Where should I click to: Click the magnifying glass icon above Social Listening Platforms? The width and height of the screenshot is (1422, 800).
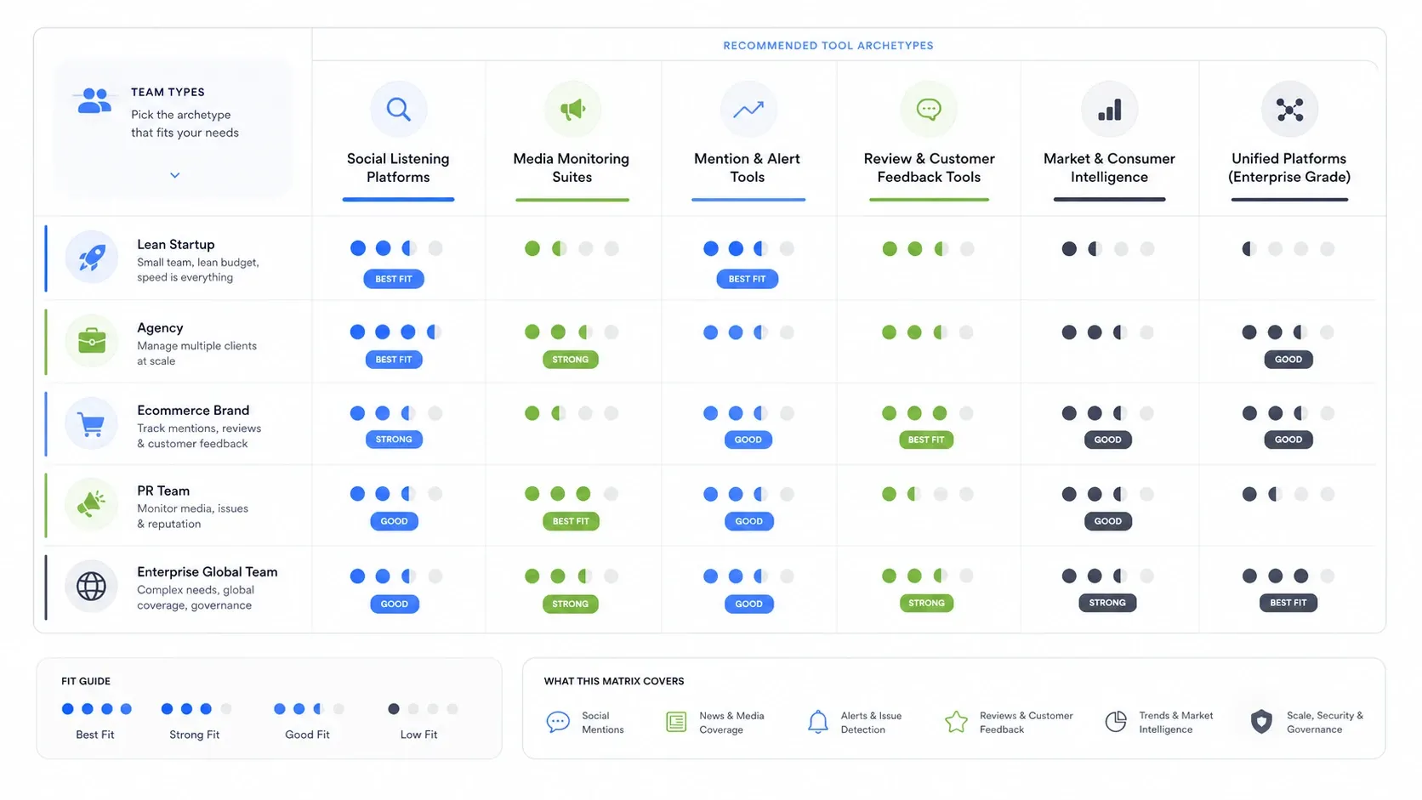(399, 109)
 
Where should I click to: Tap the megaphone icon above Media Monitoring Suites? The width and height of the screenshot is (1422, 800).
(572, 109)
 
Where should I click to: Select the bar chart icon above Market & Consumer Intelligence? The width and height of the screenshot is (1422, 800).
(1109, 109)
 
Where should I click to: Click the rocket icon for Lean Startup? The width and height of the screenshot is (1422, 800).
(92, 258)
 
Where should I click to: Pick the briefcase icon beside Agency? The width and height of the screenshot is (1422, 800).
(91, 341)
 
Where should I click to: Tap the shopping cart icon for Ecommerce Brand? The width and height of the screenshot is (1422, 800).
(91, 423)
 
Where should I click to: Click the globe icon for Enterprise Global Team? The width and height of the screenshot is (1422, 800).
(91, 586)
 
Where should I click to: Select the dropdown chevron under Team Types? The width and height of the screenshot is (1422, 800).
(174, 175)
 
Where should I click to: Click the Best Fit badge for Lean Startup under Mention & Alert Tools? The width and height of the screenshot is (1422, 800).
(748, 279)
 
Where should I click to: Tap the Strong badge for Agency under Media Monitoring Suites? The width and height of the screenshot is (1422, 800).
(570, 359)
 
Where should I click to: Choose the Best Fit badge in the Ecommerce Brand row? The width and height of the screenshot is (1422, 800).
(926, 440)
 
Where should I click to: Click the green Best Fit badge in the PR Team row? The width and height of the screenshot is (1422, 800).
(571, 521)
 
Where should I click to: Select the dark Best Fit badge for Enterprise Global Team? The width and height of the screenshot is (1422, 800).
(1288, 603)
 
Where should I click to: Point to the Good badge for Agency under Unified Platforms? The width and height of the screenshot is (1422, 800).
(1288, 359)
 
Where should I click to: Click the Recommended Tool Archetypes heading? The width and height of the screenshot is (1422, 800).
(828, 46)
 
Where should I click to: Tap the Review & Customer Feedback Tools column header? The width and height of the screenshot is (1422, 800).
(929, 167)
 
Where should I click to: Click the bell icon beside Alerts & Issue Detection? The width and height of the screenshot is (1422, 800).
(817, 722)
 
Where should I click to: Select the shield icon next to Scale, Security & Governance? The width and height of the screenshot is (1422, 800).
(1260, 721)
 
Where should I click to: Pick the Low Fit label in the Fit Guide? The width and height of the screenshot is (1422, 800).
(418, 735)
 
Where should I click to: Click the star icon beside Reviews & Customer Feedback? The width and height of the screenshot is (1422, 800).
(956, 721)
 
